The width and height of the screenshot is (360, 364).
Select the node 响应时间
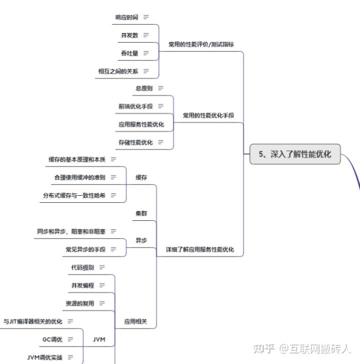coord(126,17)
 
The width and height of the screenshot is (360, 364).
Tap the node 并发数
coord(129,35)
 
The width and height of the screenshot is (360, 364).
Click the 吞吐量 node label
coord(129,53)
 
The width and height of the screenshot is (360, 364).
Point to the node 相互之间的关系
coord(118,71)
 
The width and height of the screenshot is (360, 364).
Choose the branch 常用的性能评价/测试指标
coord(201,44)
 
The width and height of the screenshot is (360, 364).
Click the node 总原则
coord(143,88)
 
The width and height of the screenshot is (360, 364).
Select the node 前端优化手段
coord(135,106)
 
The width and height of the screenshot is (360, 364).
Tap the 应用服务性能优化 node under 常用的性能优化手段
coord(141,124)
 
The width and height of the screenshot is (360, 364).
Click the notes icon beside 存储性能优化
coord(160,142)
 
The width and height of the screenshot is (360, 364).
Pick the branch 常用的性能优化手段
coord(208,115)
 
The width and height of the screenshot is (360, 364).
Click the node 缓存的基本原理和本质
coord(77,159)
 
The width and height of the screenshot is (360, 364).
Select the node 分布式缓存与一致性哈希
coord(73,195)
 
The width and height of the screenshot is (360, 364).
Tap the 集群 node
coord(141,213)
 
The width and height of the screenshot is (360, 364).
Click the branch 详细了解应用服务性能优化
coord(200,249)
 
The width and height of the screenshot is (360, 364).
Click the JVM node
coord(99,339)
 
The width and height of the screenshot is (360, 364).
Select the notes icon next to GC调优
coord(70,339)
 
